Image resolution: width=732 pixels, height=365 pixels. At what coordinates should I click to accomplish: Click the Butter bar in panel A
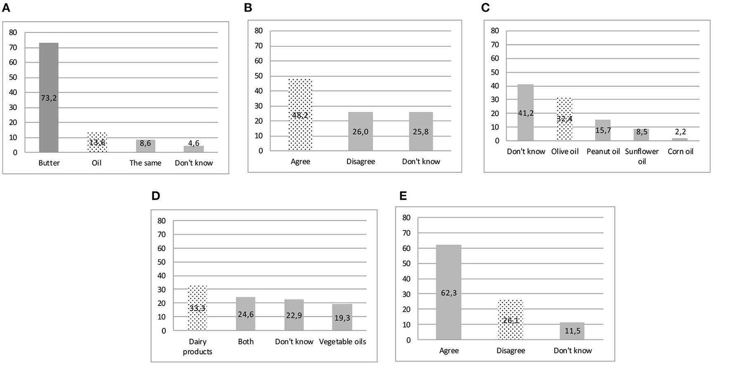click(49, 98)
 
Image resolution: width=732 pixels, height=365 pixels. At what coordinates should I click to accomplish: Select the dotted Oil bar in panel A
click(97, 143)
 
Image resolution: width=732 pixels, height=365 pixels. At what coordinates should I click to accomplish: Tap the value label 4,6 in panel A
click(193, 143)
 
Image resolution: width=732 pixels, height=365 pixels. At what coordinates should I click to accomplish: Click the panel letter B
click(248, 7)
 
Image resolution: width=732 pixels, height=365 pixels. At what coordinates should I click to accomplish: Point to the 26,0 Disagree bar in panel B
click(360, 131)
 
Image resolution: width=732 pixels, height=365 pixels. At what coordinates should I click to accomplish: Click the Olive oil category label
click(565, 152)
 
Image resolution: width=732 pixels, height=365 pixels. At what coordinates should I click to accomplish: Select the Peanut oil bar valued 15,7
click(603, 130)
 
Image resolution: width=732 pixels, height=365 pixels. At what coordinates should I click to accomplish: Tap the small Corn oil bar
click(680, 139)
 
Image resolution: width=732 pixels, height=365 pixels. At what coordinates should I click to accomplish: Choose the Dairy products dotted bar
click(197, 308)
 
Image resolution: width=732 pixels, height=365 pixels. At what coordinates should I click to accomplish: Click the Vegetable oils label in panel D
click(342, 342)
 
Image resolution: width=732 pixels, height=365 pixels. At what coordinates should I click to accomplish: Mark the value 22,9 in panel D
click(294, 315)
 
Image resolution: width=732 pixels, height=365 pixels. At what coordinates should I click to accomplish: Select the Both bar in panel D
click(245, 314)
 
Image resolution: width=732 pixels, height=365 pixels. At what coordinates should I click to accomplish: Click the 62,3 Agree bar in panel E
click(449, 292)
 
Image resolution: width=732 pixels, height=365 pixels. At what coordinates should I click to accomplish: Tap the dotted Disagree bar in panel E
click(511, 320)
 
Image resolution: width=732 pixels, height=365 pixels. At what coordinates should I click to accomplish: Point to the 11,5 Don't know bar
click(572, 331)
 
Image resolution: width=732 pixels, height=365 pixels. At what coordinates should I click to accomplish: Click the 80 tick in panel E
click(406, 217)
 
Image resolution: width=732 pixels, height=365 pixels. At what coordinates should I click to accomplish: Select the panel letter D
click(156, 196)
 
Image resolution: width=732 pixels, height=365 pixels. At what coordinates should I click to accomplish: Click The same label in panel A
click(145, 163)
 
